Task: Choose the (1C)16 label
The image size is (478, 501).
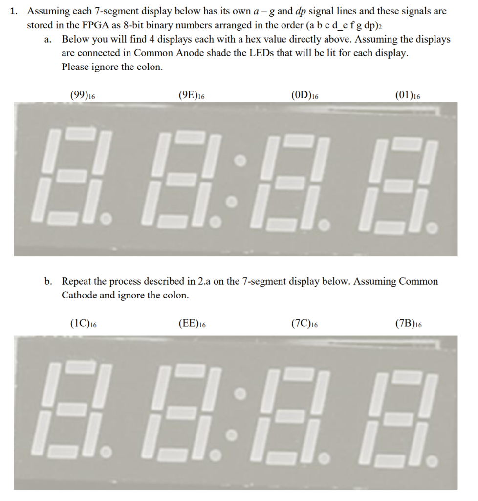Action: click(x=83, y=324)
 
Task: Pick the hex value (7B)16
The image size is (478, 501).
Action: click(x=408, y=324)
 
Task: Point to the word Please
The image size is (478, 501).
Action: click(x=76, y=67)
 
